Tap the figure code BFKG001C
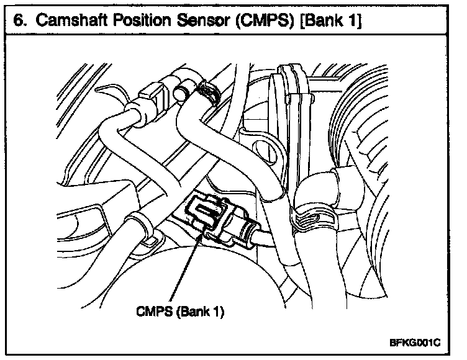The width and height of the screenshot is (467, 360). [x=414, y=341]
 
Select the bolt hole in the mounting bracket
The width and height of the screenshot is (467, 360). [x=265, y=151]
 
